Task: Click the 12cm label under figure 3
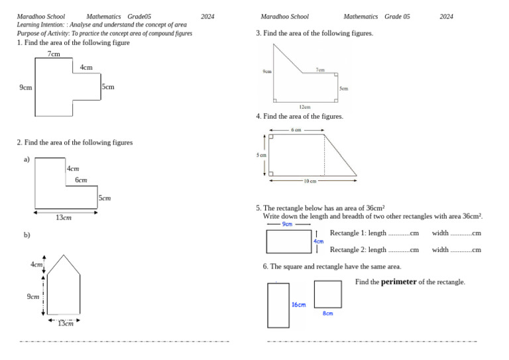[x=305, y=107]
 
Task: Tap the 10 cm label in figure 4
[x=310, y=181]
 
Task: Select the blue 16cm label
[x=299, y=305]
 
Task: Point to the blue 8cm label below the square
[x=328, y=314]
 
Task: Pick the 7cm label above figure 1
[x=54, y=53]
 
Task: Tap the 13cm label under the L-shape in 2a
[x=64, y=217]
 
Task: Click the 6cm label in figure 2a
[x=81, y=180]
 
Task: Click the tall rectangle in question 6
[x=278, y=305]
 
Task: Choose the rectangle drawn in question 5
[x=289, y=241]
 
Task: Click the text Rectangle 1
[x=348, y=233]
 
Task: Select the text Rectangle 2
[x=348, y=250]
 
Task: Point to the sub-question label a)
[x=27, y=159]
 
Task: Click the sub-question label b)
[x=27, y=235]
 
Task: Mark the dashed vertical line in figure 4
[x=324, y=154]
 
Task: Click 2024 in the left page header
[x=207, y=17]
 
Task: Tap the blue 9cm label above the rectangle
[x=287, y=224]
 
